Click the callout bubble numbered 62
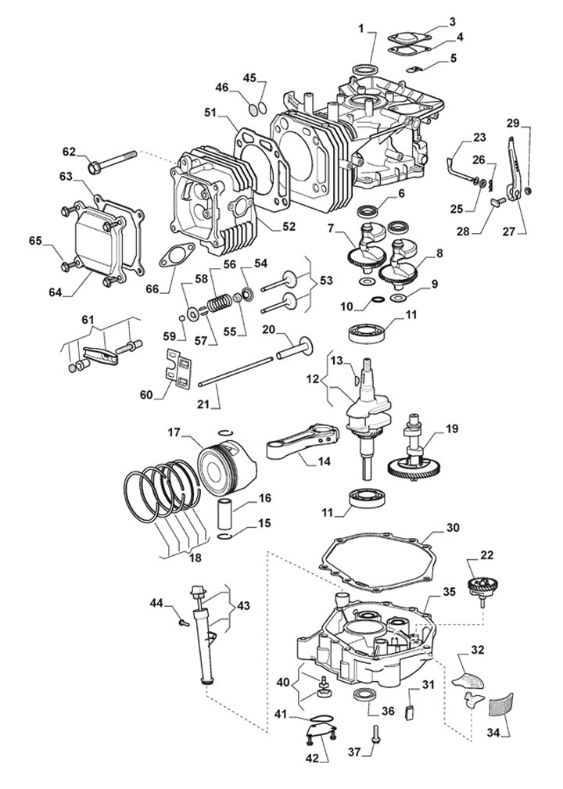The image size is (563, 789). click(x=70, y=151)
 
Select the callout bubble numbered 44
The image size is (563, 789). click(x=156, y=602)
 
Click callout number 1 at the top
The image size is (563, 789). click(x=362, y=29)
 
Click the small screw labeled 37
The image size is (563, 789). click(x=378, y=732)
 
